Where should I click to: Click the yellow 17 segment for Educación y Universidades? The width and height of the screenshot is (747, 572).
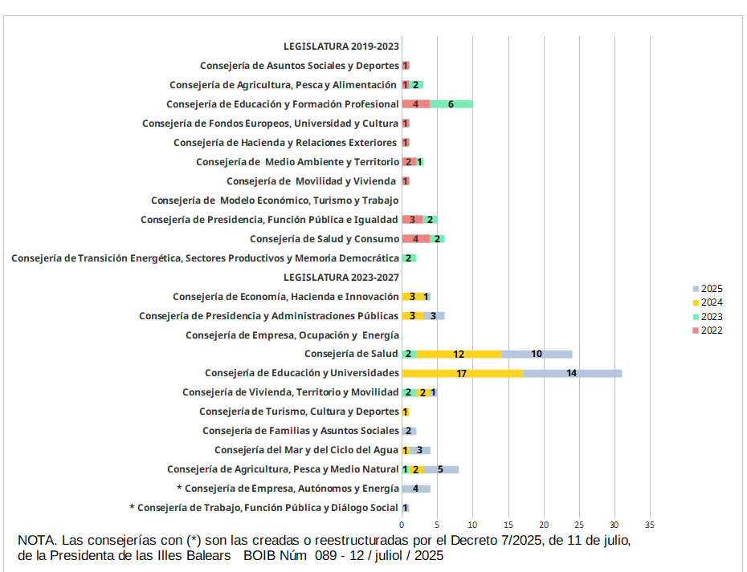(462, 373)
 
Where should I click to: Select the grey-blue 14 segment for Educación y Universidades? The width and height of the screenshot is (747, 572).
(572, 373)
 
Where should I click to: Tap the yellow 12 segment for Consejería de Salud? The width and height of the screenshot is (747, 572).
(459, 354)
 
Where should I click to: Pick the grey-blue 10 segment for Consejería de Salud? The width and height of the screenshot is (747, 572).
(537, 354)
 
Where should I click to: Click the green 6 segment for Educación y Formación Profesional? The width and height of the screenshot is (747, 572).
(451, 103)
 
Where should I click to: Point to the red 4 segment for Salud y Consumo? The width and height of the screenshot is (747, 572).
(416, 238)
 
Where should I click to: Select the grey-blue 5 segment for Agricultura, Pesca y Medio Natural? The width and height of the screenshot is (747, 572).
(441, 469)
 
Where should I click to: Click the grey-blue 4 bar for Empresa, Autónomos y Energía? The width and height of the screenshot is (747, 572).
(416, 489)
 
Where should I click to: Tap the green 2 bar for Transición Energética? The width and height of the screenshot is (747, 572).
(409, 258)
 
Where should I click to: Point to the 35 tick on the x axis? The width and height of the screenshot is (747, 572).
(650, 525)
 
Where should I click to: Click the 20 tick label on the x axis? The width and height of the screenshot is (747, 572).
(544, 525)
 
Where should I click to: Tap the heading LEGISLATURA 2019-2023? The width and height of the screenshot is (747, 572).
(341, 47)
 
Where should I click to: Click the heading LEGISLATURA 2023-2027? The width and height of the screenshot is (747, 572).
(341, 278)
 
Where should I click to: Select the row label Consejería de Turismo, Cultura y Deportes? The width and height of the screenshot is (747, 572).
(299, 412)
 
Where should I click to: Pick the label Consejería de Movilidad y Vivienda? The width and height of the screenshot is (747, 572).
(311, 181)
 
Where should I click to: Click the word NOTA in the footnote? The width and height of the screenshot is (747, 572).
(35, 541)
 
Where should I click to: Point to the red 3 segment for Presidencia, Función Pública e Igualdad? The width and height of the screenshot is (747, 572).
(413, 219)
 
